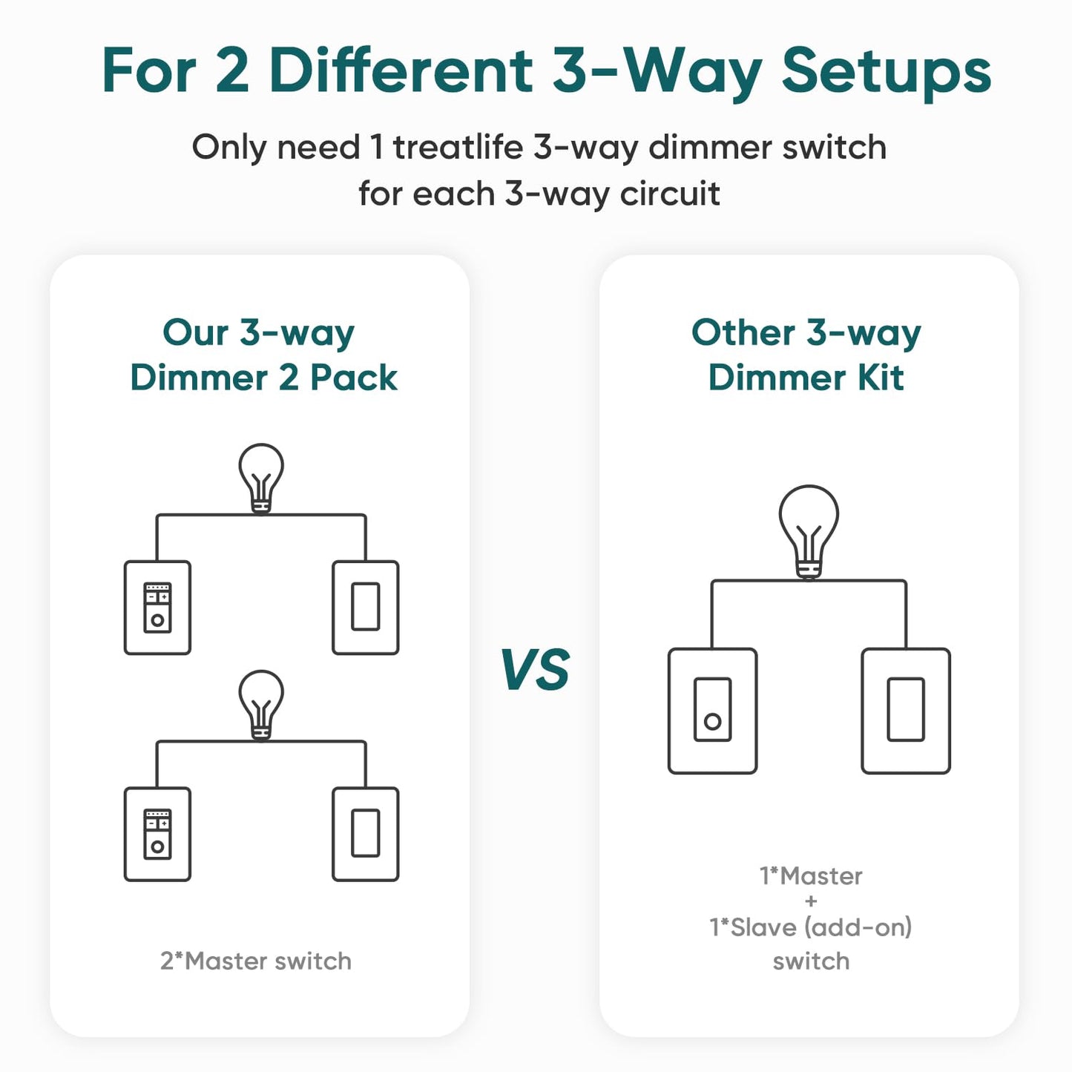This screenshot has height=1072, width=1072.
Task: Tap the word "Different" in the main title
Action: (x=401, y=71)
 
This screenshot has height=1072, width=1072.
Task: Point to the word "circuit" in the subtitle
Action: (x=670, y=194)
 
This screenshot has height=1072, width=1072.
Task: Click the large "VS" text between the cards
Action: (x=535, y=670)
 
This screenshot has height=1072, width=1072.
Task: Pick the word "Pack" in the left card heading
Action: (x=353, y=378)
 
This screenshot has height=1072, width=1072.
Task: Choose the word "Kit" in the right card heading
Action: (x=881, y=378)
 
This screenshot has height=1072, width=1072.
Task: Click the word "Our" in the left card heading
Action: (x=196, y=332)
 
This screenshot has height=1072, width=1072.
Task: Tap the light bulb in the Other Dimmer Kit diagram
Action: (x=809, y=530)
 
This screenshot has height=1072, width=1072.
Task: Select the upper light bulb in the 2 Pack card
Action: (x=261, y=477)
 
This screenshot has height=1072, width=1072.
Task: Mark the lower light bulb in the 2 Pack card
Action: (x=261, y=703)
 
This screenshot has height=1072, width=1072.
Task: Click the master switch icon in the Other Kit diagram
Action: (x=712, y=711)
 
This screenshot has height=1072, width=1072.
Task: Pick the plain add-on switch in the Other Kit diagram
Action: (x=906, y=711)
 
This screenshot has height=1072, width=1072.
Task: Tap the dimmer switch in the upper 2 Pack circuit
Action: (x=157, y=608)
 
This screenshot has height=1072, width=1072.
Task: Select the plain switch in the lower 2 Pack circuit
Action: (x=366, y=834)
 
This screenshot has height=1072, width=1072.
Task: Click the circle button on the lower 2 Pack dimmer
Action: (x=157, y=846)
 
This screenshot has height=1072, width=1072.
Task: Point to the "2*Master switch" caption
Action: (x=256, y=961)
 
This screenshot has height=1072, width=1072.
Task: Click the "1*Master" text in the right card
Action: (x=811, y=876)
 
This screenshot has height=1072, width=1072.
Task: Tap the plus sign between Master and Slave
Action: (x=811, y=901)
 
